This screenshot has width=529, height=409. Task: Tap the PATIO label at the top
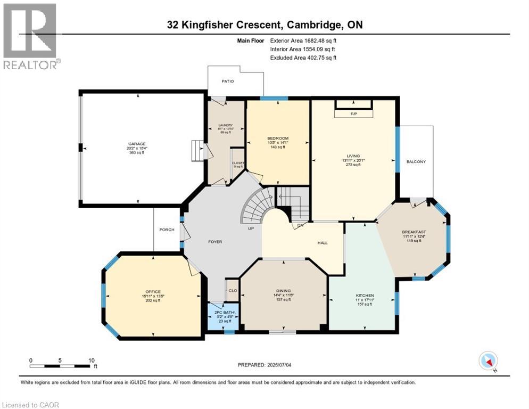(x=227, y=81)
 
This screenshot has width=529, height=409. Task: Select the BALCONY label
(x=416, y=162)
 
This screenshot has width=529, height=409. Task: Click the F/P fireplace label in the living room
(x=353, y=114)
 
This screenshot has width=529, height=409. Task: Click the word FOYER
(x=214, y=242)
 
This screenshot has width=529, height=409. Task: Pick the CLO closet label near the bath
(x=233, y=291)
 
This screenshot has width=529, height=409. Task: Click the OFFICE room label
(x=153, y=292)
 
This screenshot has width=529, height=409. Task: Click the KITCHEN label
(x=365, y=296)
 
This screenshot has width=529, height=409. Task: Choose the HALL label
(x=323, y=243)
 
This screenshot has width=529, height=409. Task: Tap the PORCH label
(x=167, y=230)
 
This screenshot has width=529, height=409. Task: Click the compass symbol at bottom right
(x=488, y=361)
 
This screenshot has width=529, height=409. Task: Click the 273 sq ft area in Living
(x=353, y=165)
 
